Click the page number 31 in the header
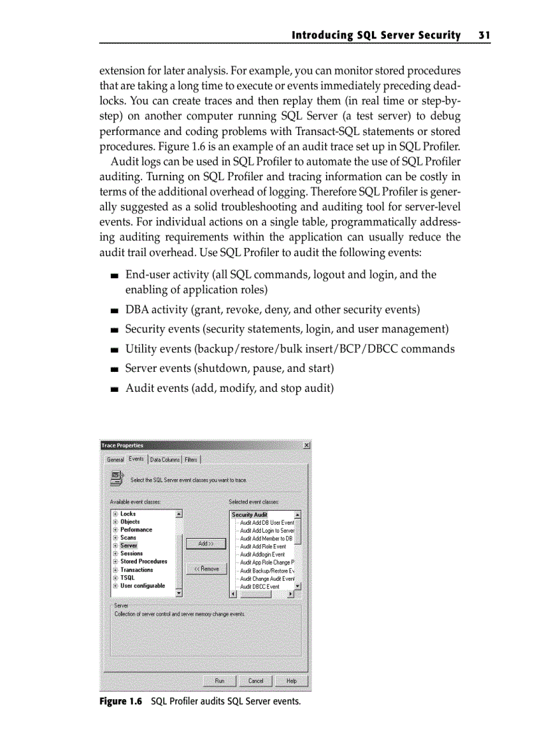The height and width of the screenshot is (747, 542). [x=483, y=35]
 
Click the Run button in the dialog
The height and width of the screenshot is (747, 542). [x=219, y=680]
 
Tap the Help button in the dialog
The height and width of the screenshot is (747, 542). [x=291, y=680]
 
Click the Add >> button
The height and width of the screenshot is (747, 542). [x=206, y=544]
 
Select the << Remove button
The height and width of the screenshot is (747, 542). [x=206, y=569]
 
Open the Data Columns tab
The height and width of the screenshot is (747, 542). [x=164, y=460]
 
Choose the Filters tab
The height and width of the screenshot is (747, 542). [x=191, y=460]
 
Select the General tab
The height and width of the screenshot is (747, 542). [x=116, y=460]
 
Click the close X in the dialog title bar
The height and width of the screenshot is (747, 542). [x=306, y=445]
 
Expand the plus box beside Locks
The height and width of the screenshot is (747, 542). [x=115, y=514]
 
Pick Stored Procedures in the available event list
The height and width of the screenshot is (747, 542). [x=143, y=561]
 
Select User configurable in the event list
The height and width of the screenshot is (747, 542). [x=142, y=585]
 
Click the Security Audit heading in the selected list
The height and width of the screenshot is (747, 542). [x=249, y=515]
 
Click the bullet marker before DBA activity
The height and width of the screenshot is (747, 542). [x=115, y=311]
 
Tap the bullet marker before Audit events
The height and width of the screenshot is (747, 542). [x=115, y=388]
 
